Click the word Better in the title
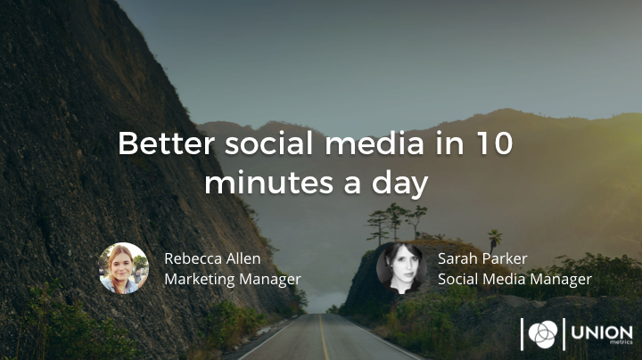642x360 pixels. click(x=166, y=143)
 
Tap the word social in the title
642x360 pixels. click(x=269, y=143)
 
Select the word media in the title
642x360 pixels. click(x=374, y=143)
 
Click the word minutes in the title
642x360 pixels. click(x=269, y=183)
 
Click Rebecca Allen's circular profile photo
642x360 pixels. click(x=124, y=268)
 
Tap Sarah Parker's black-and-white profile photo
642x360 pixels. click(x=401, y=268)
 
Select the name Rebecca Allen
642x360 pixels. click(x=212, y=258)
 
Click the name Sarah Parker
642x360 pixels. click(x=482, y=258)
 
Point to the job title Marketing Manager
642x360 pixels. click(x=233, y=280)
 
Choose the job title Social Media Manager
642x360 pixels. click(x=514, y=280)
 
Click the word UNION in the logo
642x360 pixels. click(x=602, y=332)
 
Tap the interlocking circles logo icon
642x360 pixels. click(x=543, y=334)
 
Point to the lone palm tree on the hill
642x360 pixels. click(x=494, y=241)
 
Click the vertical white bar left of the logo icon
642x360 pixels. click(x=522, y=334)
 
